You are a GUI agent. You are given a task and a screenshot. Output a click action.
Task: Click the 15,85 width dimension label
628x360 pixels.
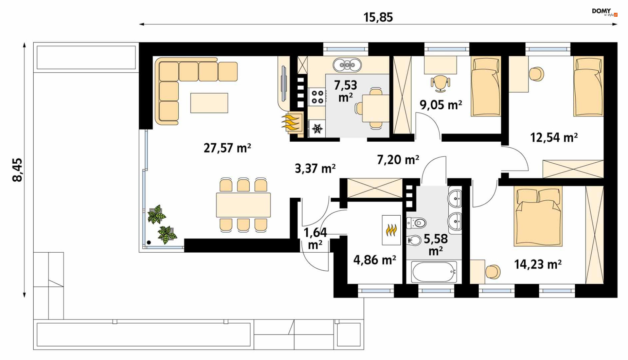[378, 17]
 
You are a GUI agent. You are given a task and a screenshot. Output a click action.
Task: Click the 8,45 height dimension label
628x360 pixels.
[17, 170]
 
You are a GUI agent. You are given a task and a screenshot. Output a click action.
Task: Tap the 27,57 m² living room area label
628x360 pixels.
[227, 148]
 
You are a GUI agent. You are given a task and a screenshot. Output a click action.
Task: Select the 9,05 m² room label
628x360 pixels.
[441, 105]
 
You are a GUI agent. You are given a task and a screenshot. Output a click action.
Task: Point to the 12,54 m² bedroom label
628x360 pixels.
[554, 137]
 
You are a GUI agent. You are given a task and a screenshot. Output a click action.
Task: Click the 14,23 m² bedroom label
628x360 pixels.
[538, 264]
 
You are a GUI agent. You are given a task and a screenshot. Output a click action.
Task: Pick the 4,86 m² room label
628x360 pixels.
[375, 260]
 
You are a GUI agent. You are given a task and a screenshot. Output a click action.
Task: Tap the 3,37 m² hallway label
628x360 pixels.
[315, 168]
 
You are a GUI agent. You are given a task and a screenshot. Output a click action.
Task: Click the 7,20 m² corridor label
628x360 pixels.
[398, 159]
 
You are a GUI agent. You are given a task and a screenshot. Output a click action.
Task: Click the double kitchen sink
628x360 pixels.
[347, 65]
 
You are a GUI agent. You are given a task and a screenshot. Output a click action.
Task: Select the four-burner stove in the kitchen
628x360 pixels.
[317, 97]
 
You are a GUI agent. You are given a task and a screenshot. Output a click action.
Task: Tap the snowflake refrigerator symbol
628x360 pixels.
[317, 129]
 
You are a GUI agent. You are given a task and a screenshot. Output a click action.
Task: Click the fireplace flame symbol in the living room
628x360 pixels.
[291, 122]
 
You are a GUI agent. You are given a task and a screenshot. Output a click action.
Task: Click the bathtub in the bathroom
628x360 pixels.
[434, 272]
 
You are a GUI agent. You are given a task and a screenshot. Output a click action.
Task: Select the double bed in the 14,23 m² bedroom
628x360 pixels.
[538, 216]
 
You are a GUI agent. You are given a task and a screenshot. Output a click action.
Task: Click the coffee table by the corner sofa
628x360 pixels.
[209, 103]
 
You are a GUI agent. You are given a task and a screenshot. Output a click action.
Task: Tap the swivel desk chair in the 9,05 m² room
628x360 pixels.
[440, 83]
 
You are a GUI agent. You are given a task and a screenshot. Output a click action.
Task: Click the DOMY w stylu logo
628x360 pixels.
[604, 12]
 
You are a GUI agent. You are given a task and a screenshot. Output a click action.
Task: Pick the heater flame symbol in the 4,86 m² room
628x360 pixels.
[391, 230]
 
